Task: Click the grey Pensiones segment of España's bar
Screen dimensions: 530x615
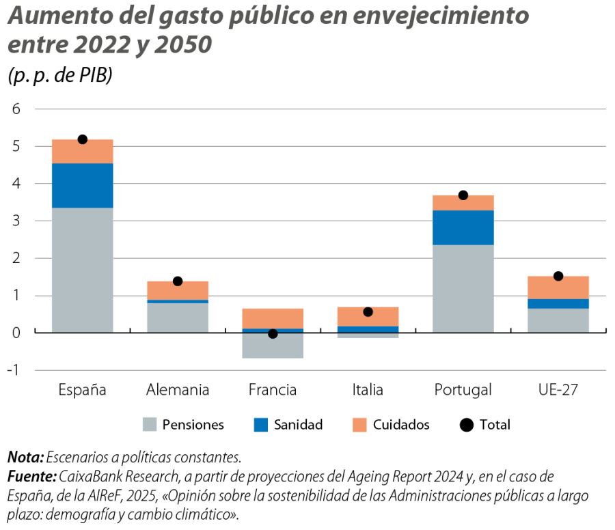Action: pyautogui.click(x=82, y=270)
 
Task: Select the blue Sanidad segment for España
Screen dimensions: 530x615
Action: pyautogui.click(x=82, y=185)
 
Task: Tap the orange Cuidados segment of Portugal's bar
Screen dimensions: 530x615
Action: pyautogui.click(x=463, y=202)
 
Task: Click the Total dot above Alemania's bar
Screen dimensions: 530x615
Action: pyautogui.click(x=178, y=281)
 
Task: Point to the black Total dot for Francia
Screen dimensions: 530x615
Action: pyautogui.click(x=273, y=333)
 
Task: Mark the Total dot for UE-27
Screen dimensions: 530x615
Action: pyautogui.click(x=558, y=276)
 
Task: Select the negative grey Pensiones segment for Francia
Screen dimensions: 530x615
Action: pyautogui.click(x=273, y=346)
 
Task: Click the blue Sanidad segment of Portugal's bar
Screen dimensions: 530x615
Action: pyautogui.click(x=463, y=227)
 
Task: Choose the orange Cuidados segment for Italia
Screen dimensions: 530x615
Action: pyautogui.click(x=368, y=316)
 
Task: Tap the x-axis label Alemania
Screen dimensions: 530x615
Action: pyautogui.click(x=178, y=391)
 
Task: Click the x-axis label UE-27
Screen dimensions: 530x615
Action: pyautogui.click(x=558, y=391)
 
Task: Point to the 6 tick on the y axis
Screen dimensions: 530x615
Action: pyautogui.click(x=17, y=109)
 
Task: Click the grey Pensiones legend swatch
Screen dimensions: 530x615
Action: pyautogui.click(x=150, y=425)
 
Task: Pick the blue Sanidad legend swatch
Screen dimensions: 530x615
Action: pyautogui.click(x=261, y=425)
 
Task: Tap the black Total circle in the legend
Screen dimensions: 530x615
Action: pyautogui.click(x=467, y=425)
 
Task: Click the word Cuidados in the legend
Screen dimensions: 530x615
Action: pyautogui.click(x=401, y=425)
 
